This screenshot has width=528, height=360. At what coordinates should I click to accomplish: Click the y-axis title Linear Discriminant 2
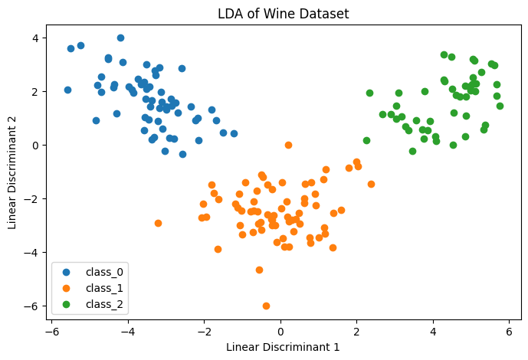(x=12, y=175)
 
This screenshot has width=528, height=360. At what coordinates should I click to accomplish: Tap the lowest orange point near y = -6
(x=266, y=306)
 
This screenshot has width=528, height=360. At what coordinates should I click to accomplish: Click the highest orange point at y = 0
(x=288, y=145)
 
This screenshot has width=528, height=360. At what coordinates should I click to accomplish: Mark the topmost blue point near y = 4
(x=120, y=38)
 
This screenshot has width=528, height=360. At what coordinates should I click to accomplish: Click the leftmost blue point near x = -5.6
(x=67, y=90)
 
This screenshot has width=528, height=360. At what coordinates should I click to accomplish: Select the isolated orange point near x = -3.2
(x=158, y=223)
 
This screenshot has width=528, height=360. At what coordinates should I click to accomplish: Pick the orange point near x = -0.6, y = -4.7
(x=259, y=270)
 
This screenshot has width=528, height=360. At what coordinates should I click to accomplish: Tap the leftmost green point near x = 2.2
(x=366, y=140)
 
